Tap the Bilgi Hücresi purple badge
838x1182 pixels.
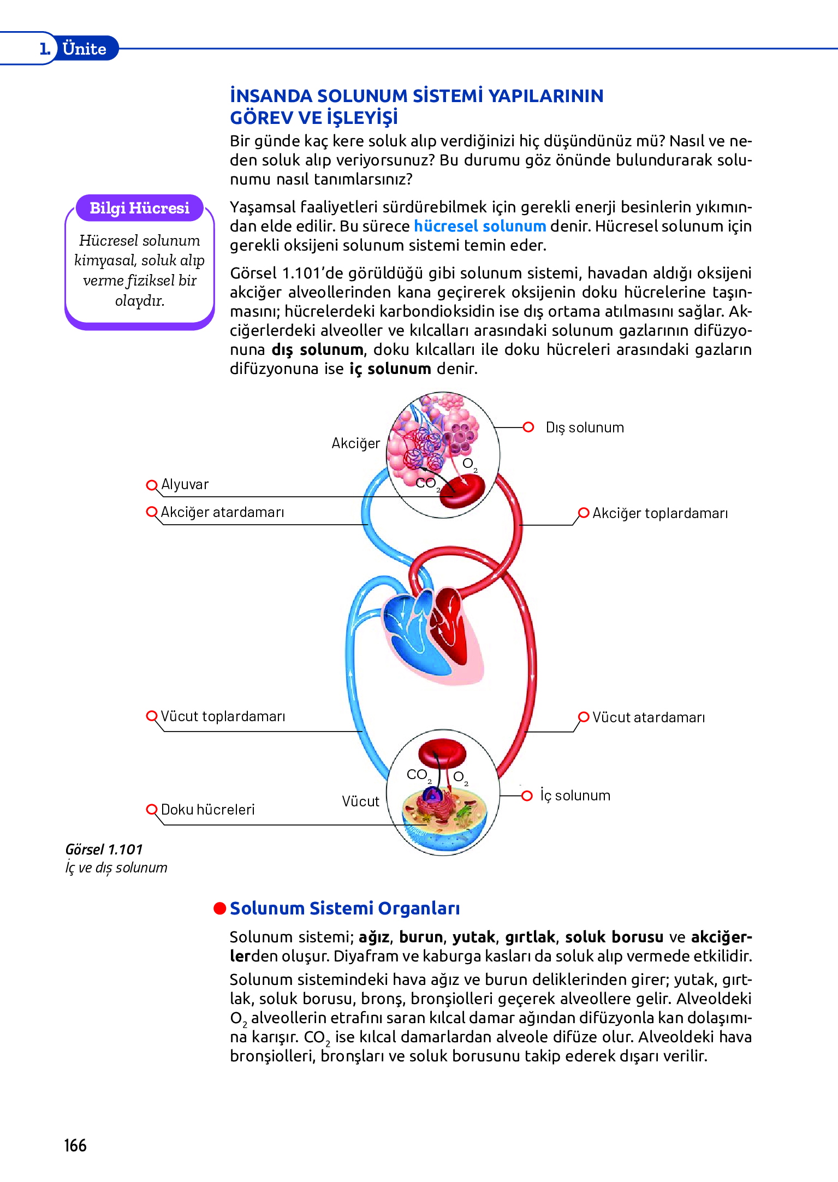139,208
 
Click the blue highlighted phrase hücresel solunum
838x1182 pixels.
479,226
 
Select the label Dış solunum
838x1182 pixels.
584,427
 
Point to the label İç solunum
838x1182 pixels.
575,795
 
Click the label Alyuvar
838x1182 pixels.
185,484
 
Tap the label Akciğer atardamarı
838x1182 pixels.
222,512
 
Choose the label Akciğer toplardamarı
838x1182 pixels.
659,513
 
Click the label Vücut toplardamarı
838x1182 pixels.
223,716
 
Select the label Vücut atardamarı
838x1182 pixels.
648,717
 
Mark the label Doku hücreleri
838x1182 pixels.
207,809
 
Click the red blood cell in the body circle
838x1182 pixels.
442,753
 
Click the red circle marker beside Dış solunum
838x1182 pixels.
528,427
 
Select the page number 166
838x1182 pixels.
75,1145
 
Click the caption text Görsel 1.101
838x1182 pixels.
104,850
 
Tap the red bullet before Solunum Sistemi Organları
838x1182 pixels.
219,908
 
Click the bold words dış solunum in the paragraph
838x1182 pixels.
317,349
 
